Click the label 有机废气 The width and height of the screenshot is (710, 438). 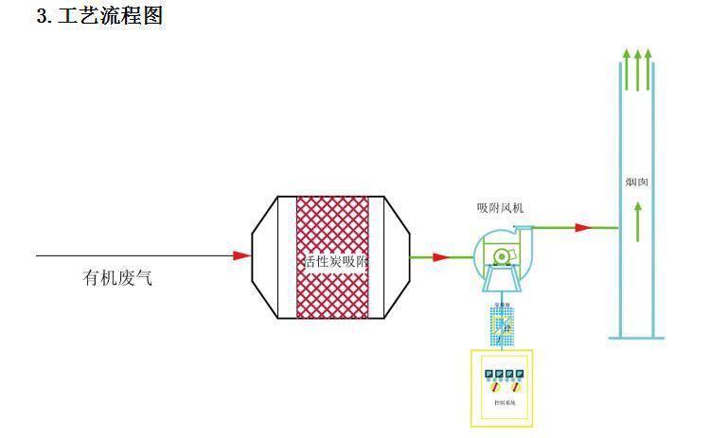pyautogui.click(x=117, y=278)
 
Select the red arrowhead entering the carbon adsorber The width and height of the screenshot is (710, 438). pyautogui.click(x=242, y=255)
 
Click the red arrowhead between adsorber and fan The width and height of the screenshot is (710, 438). pyautogui.click(x=440, y=256)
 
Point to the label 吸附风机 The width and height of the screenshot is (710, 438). pyautogui.click(x=499, y=207)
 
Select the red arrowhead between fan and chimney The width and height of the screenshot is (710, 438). pyautogui.click(x=584, y=227)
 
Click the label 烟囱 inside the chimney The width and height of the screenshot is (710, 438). pyautogui.click(x=636, y=183)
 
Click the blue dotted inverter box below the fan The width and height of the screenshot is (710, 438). pyautogui.click(x=502, y=324)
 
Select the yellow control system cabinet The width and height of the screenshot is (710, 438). pyautogui.click(x=502, y=388)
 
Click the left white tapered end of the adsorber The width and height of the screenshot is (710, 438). pyautogui.click(x=267, y=256)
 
